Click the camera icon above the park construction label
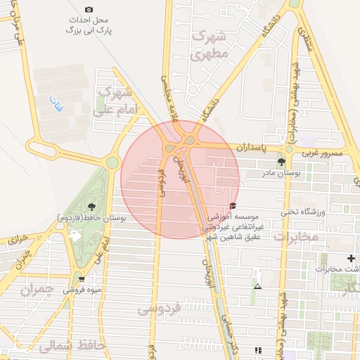(x=89, y=10)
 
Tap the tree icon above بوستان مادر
(x=282, y=161)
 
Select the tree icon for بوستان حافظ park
(x=91, y=206)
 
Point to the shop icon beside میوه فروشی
(x=82, y=278)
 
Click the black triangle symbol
(x=258, y=286)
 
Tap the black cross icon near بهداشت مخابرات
(x=351, y=258)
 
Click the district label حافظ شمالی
(x=56, y=347)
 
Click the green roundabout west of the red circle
(x=112, y=163)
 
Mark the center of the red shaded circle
(x=180, y=179)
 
